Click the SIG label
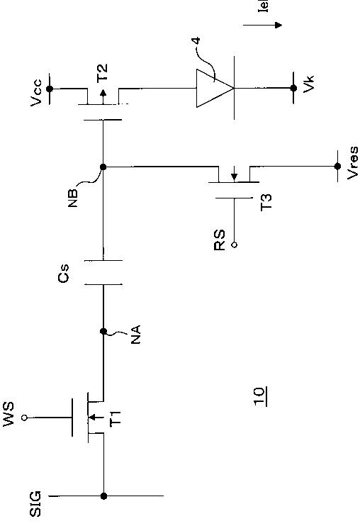click(x=35, y=503)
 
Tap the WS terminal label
click(x=9, y=413)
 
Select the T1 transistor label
click(x=116, y=418)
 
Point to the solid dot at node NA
click(x=103, y=332)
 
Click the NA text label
click(x=135, y=334)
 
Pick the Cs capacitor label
click(x=64, y=273)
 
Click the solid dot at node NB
click(x=103, y=167)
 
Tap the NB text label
click(x=73, y=198)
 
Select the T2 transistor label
click(x=102, y=73)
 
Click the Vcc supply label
click(x=36, y=93)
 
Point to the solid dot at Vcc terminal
click(x=50, y=89)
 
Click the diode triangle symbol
click(x=215, y=88)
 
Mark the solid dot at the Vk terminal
click(x=293, y=88)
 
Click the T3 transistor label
click(x=266, y=202)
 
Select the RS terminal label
click(x=220, y=240)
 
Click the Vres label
click(x=352, y=163)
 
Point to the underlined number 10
click(x=260, y=396)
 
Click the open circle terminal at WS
click(x=24, y=418)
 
